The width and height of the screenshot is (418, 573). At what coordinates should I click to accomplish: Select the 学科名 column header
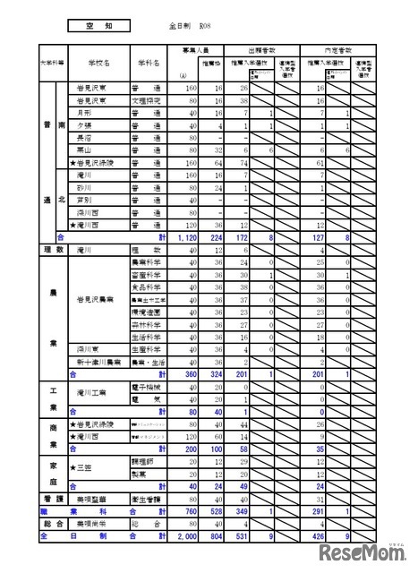149,64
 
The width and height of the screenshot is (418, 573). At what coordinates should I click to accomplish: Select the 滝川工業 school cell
92,392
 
